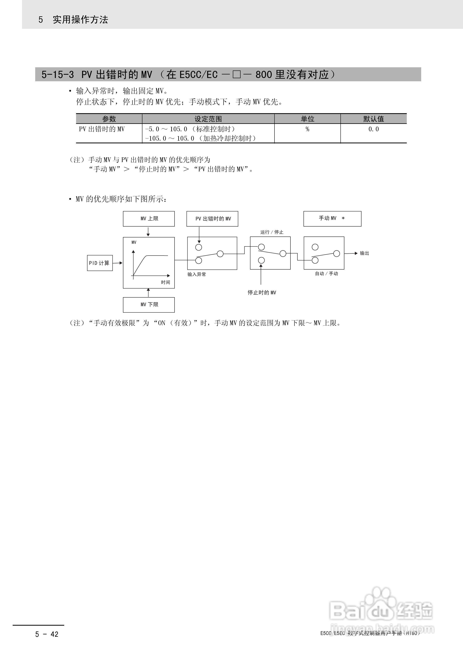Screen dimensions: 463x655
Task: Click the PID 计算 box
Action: [100, 263]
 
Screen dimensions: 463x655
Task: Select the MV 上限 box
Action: [149, 219]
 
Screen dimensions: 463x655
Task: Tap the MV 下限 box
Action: [149, 305]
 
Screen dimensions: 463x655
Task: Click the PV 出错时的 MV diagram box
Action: [212, 219]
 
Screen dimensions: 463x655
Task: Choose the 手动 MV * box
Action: [332, 219]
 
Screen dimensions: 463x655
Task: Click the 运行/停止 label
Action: [272, 232]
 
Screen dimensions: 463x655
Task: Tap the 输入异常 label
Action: [197, 274]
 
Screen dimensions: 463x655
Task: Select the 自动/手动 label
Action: [326, 274]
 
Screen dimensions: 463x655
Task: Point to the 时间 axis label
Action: [165, 282]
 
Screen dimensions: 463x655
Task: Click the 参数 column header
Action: [109, 119]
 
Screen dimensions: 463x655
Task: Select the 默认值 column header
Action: [373, 119]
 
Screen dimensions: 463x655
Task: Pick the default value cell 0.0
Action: [373, 129]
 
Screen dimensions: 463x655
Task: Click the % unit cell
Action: [307, 129]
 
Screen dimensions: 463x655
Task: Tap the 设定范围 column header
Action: [208, 119]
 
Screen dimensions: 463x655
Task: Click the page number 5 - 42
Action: [47, 634]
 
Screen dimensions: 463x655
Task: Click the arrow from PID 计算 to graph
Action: [117, 263]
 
